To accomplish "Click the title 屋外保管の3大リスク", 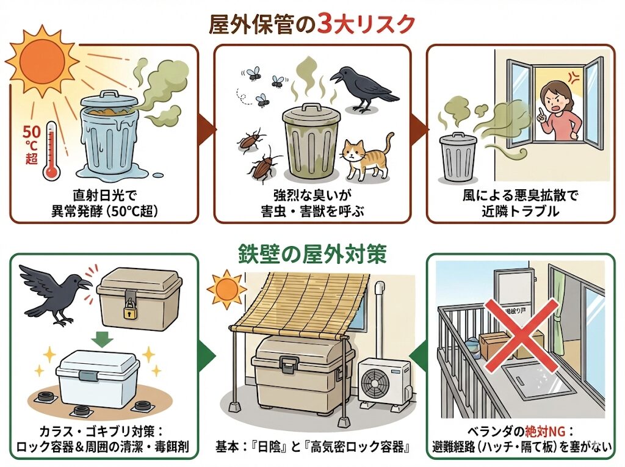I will pyautogui.click(x=312, y=24).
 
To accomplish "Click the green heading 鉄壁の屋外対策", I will pyautogui.click(x=311, y=255).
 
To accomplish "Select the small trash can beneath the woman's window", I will pyautogui.click(x=458, y=156).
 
